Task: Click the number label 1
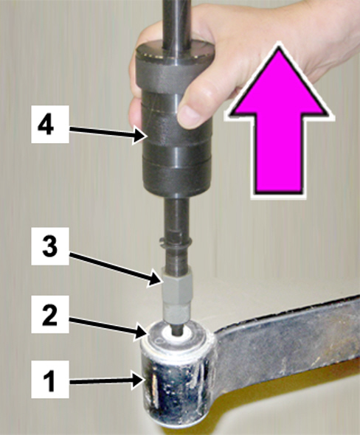[50, 380]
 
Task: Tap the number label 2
[50, 314]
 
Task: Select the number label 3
[50, 246]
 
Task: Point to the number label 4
[50, 125]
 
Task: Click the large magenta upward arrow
[280, 121]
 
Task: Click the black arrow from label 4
[108, 133]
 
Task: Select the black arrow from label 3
[116, 269]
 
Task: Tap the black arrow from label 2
[108, 328]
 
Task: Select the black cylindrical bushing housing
[178, 387]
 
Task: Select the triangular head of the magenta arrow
[280, 83]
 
